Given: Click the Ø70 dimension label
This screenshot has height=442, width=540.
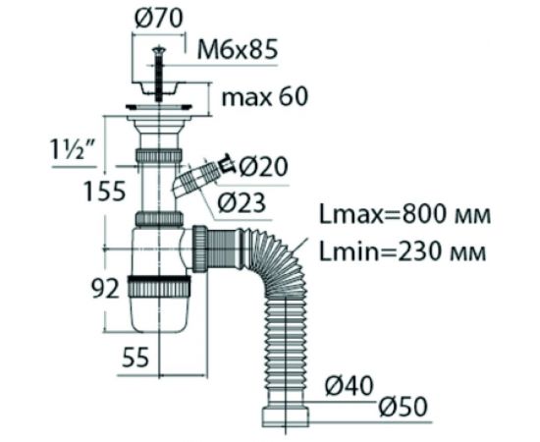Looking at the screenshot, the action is coord(159,18).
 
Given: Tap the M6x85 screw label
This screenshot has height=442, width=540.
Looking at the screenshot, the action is coord(238,49).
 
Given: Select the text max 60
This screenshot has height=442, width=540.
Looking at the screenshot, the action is coord(264,97).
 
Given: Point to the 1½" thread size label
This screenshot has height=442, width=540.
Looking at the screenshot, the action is coord(74,149).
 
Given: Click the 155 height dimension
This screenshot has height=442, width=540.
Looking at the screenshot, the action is coord(105,192).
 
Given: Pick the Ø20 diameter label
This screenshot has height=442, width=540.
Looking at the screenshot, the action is coord(263,167).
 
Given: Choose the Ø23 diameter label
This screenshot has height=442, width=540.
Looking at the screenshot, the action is coord(242,202).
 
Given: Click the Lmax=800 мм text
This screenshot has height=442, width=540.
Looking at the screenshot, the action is coord(405,215).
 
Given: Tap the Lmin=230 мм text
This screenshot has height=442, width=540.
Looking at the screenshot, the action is coord(403,251).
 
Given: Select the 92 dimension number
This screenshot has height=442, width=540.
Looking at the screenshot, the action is coord(105,288).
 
